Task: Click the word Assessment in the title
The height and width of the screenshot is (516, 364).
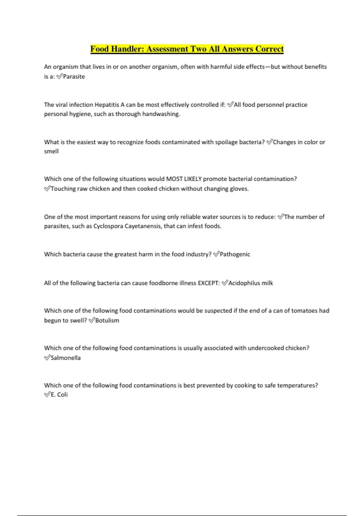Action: (x=168, y=49)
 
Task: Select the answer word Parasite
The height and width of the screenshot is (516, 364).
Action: (x=74, y=76)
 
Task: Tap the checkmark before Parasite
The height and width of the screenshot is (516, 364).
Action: (x=59, y=76)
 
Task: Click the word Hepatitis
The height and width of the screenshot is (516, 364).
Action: (x=107, y=105)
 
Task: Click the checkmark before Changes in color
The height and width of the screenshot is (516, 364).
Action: (x=269, y=142)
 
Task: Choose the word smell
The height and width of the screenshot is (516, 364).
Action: (x=51, y=151)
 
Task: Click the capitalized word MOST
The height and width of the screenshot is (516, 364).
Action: (x=174, y=179)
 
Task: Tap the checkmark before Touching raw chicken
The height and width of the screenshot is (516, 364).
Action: (x=47, y=188)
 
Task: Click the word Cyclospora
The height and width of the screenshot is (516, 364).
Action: (x=108, y=226)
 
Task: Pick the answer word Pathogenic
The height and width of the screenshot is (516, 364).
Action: (x=235, y=254)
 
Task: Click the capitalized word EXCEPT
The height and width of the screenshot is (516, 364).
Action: (x=209, y=283)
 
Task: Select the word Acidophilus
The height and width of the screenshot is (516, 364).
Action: (x=244, y=283)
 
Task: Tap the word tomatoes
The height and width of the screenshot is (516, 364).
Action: (x=304, y=311)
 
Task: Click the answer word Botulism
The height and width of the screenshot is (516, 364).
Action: (x=107, y=321)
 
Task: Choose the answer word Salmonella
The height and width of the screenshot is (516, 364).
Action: (x=66, y=358)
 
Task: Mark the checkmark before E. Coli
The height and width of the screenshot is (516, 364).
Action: (x=47, y=395)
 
